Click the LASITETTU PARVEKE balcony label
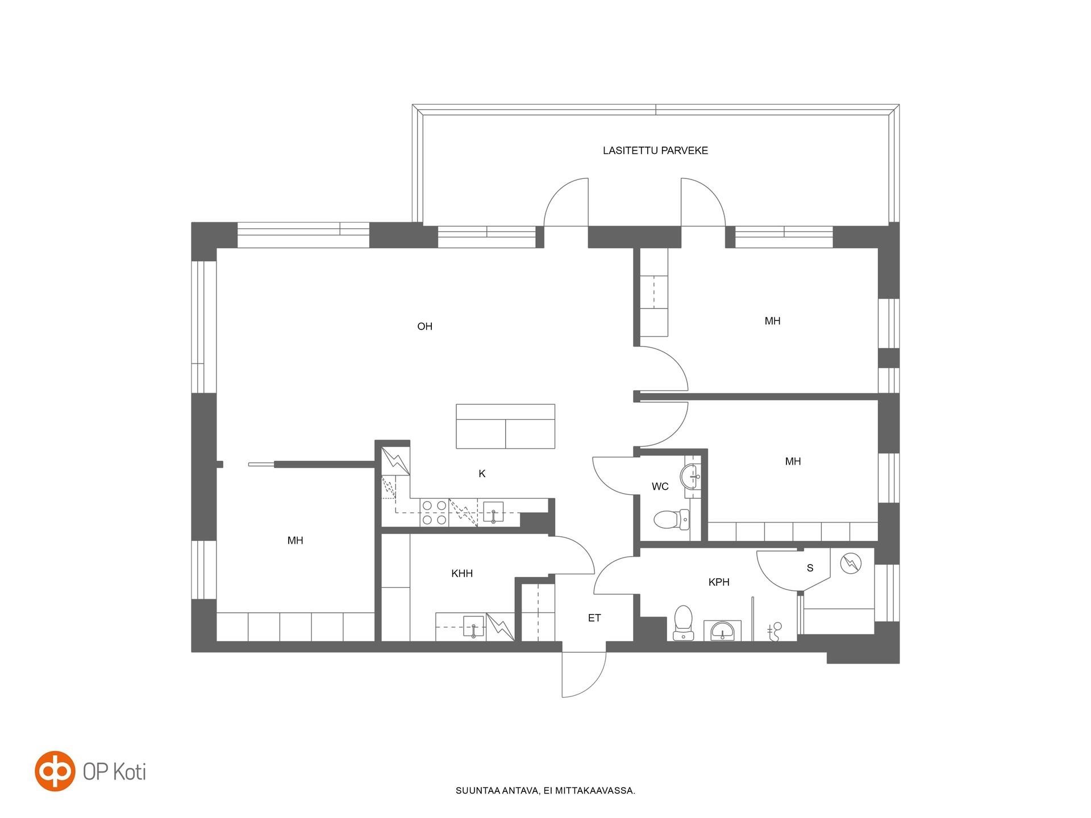pos(655,151)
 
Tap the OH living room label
pos(424,326)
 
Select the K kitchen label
pos(482,473)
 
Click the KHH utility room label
pos(462,573)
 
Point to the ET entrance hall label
pos(594,617)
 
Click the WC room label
pos(660,486)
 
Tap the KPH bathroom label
pos(719,582)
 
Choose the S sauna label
pos(810,567)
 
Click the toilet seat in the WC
pos(671,519)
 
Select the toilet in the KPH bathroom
pos(683,623)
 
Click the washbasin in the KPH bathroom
pos(722,631)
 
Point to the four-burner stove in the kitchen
pos(434,512)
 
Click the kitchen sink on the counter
pos(493,512)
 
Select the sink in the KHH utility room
pos(473,627)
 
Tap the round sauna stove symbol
pos(851,564)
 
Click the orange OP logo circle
pos(55,771)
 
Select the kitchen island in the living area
pos(505,427)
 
